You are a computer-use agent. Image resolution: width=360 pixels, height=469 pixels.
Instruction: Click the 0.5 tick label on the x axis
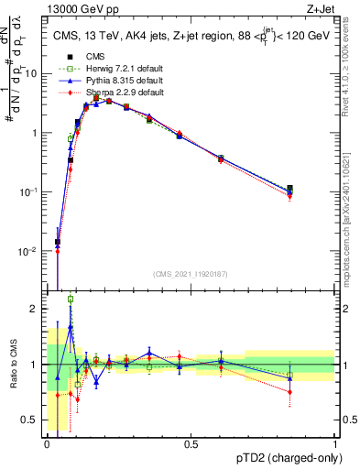click(x=191, y=442)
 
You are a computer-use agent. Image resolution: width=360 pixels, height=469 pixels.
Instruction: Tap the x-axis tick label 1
click(x=335, y=442)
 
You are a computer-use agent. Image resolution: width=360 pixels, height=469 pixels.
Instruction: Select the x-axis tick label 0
click(x=47, y=442)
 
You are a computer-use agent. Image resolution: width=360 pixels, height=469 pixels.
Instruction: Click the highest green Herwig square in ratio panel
click(x=71, y=299)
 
